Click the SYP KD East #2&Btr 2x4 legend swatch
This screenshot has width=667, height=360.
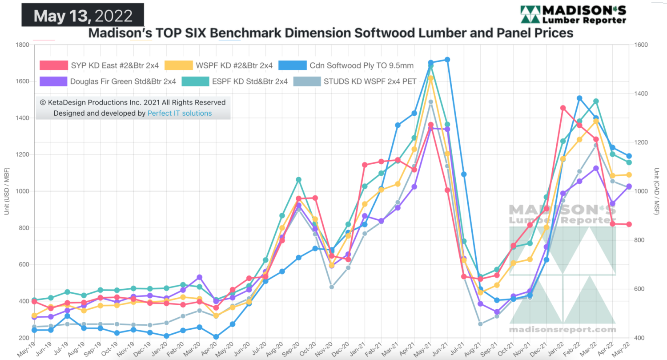pyautogui.click(x=54, y=66)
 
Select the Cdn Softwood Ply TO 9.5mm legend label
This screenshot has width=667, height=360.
pyautogui.click(x=362, y=66)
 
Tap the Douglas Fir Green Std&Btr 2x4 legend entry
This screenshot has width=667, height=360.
pyautogui.click(x=123, y=81)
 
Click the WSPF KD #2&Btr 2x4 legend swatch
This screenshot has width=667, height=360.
pyautogui.click(x=179, y=66)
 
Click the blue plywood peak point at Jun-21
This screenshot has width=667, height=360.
pyautogui.click(x=447, y=60)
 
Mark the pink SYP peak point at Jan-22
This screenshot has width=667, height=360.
pyautogui.click(x=563, y=108)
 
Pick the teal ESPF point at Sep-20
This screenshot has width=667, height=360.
pyautogui.click(x=299, y=179)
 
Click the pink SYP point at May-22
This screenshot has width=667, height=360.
pyautogui.click(x=629, y=224)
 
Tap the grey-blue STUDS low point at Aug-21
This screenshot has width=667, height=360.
pyautogui.click(x=480, y=324)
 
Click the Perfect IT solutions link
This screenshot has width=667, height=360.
pyautogui.click(x=180, y=113)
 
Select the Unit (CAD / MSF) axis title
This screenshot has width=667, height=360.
pyautogui.click(x=657, y=191)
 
